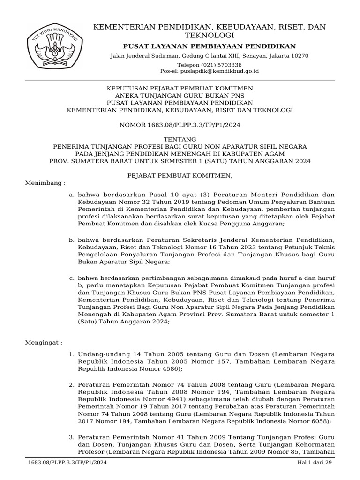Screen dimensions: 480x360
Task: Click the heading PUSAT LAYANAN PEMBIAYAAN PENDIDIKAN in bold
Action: [x=209, y=46]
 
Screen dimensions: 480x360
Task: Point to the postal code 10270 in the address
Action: [x=300, y=56]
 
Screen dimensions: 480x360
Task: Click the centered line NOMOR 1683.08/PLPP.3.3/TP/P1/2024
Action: [x=180, y=125]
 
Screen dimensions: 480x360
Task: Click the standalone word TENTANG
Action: [x=180, y=139]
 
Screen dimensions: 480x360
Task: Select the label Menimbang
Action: [x=45, y=183]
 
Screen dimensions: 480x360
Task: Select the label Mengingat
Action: [x=43, y=343]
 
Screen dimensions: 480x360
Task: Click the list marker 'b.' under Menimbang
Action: [x=71, y=240]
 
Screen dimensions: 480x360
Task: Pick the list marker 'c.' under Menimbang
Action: [x=71, y=278]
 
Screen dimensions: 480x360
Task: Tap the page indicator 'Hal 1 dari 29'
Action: [x=315, y=463]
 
